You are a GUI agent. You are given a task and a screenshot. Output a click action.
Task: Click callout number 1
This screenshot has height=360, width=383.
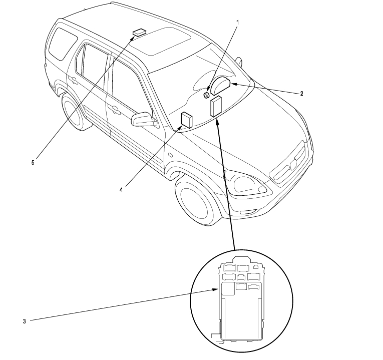click(x=238, y=23)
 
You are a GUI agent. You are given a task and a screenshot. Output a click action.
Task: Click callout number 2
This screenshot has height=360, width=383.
click(x=302, y=94)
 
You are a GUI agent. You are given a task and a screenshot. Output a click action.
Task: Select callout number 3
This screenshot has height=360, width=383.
click(x=25, y=321)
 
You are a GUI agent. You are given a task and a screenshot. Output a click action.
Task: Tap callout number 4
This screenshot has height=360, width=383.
click(x=121, y=189)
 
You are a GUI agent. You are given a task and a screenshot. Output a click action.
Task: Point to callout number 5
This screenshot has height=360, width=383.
click(x=33, y=162)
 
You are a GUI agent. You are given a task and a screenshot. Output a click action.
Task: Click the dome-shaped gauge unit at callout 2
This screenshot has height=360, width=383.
click(x=221, y=86)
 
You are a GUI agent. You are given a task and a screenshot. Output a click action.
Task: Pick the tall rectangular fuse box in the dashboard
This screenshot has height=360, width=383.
click(x=217, y=106)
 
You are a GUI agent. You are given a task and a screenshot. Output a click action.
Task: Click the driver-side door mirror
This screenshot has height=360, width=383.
click(x=143, y=120)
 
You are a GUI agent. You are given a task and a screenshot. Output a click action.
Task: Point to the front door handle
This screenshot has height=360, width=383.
click(x=115, y=110)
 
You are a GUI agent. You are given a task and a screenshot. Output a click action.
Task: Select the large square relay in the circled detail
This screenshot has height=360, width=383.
click(x=228, y=287)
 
